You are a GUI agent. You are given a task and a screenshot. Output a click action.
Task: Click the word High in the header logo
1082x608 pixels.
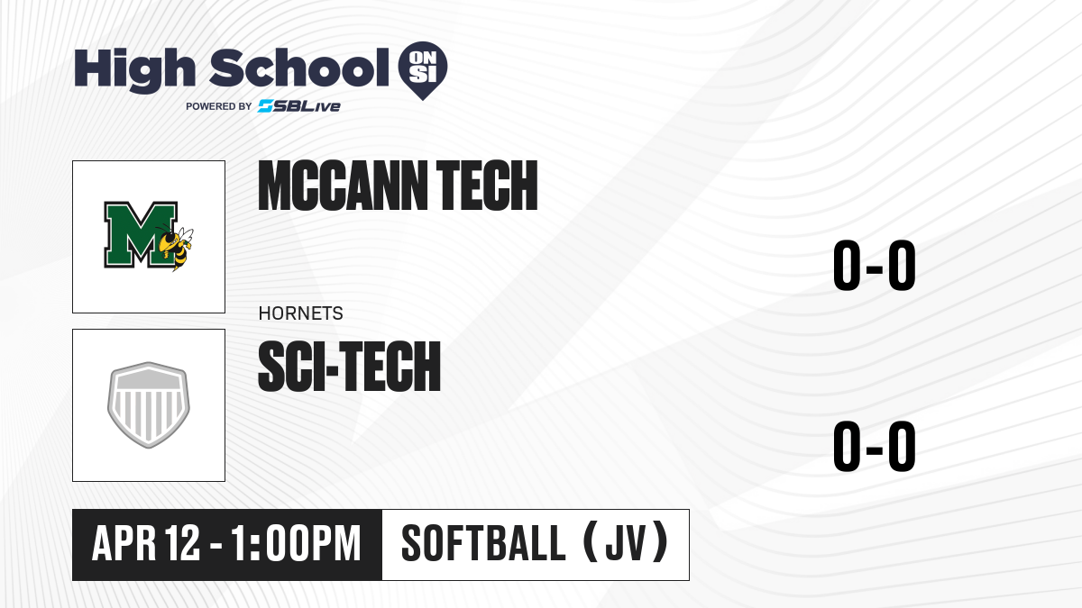click(134, 68)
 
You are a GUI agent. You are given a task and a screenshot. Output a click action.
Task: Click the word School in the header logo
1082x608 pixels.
click(299, 68)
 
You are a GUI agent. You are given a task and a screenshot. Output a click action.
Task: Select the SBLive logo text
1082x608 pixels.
click(299, 106)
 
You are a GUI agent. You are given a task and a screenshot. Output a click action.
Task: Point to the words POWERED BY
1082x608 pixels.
click(219, 106)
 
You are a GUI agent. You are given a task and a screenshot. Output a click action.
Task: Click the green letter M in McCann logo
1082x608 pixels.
click(141, 234)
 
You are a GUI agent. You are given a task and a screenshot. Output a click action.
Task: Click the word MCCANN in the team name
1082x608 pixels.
click(343, 186)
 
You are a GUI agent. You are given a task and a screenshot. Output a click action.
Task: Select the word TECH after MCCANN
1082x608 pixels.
click(487, 186)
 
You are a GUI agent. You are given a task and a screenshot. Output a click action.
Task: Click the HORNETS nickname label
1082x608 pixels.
click(301, 313)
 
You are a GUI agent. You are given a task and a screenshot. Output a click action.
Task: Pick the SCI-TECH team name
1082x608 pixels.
click(350, 366)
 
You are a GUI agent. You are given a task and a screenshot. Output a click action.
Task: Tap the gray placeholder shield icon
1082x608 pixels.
click(149, 404)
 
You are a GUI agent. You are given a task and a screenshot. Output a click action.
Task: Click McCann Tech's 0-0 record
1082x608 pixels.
click(875, 265)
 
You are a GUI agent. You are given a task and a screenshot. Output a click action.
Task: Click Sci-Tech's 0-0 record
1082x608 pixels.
click(875, 446)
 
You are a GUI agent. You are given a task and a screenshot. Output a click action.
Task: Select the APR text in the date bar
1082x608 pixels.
click(124, 543)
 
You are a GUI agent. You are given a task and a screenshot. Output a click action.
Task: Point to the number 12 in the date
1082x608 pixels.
click(182, 543)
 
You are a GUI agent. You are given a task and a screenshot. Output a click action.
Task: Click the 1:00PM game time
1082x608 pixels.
click(296, 543)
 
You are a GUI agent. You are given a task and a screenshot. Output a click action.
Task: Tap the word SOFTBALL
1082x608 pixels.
click(483, 543)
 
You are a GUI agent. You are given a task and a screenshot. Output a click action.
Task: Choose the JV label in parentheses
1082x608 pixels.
click(626, 543)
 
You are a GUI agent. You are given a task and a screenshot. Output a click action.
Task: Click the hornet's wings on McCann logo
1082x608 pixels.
click(186, 236)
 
